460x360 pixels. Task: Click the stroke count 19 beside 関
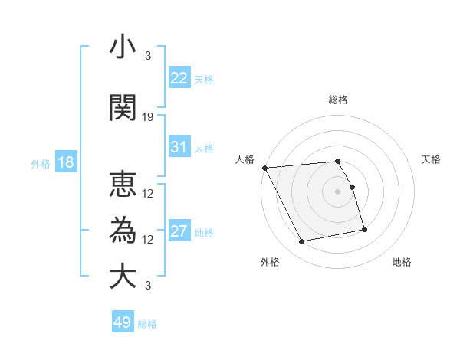[148, 117]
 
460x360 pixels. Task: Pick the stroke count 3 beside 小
[148, 56]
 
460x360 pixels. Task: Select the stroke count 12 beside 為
[148, 239]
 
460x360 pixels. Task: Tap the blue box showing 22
[179, 78]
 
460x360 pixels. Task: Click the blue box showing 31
[179, 147]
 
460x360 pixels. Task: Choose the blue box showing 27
[179, 231]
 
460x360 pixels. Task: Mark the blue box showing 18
[64, 162]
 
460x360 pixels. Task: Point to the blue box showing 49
[123, 322]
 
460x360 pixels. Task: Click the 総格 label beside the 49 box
[147, 324]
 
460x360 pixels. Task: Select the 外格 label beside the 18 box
[40, 163]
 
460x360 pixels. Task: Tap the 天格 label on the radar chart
[431, 159]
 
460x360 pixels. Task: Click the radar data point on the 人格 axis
[264, 168]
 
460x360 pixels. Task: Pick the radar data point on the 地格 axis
[364, 228]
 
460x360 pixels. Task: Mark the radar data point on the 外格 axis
[302, 242]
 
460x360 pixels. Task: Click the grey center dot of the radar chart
[337, 191]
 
